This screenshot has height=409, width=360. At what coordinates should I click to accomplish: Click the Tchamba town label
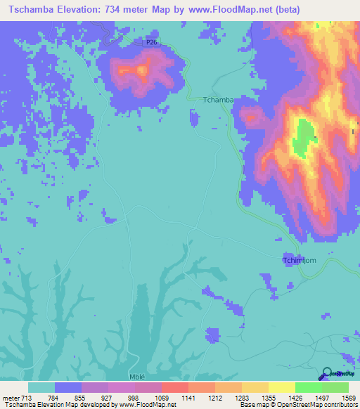217,100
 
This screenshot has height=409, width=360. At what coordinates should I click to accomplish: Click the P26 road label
151,43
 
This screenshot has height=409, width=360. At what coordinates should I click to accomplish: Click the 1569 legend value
348,397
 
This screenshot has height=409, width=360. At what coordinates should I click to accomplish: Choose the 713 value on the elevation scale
27,397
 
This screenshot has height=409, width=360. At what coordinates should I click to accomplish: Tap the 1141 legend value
188,397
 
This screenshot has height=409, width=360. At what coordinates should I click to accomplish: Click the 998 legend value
134,397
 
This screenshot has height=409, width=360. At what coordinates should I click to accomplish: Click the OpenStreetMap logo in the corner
328,373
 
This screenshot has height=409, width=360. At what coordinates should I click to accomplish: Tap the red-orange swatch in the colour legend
174,387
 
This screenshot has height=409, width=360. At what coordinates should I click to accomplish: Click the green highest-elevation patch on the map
304,137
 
